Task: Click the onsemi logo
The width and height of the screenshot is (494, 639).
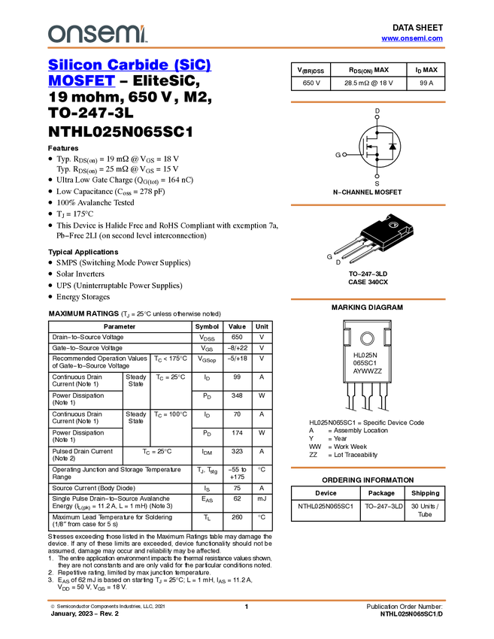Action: (x=97, y=34)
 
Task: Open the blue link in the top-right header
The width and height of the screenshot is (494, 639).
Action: (x=412, y=38)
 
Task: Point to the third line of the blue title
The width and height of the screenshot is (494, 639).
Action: (x=80, y=86)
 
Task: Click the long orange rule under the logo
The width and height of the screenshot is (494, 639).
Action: (x=246, y=48)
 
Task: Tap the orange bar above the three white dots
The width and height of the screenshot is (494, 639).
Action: (x=368, y=102)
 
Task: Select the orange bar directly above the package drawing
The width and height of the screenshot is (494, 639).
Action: (x=368, y=205)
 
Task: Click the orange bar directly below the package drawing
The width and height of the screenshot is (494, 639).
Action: (x=368, y=299)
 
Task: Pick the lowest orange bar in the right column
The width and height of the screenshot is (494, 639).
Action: (x=368, y=468)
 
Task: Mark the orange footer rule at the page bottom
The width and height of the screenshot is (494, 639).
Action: (x=246, y=601)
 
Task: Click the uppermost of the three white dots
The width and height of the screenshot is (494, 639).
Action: (x=377, y=117)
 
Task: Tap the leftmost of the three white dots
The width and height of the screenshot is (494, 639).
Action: (x=344, y=155)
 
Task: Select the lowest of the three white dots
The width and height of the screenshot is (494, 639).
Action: (x=377, y=176)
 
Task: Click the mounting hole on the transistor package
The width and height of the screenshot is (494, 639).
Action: (x=393, y=225)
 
